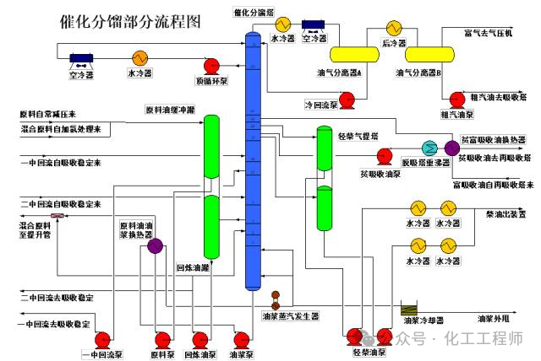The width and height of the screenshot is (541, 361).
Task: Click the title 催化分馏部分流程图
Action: [x=130, y=22]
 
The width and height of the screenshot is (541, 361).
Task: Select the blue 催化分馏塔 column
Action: [x=251, y=160]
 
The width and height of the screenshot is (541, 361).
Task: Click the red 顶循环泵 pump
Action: [x=212, y=67]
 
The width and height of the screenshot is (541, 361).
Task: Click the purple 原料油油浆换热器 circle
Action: [x=155, y=246]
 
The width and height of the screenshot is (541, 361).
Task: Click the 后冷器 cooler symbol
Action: [x=393, y=28]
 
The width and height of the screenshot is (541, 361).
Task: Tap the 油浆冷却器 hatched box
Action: [x=411, y=309]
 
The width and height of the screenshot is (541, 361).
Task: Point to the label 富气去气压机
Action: [x=484, y=34]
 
